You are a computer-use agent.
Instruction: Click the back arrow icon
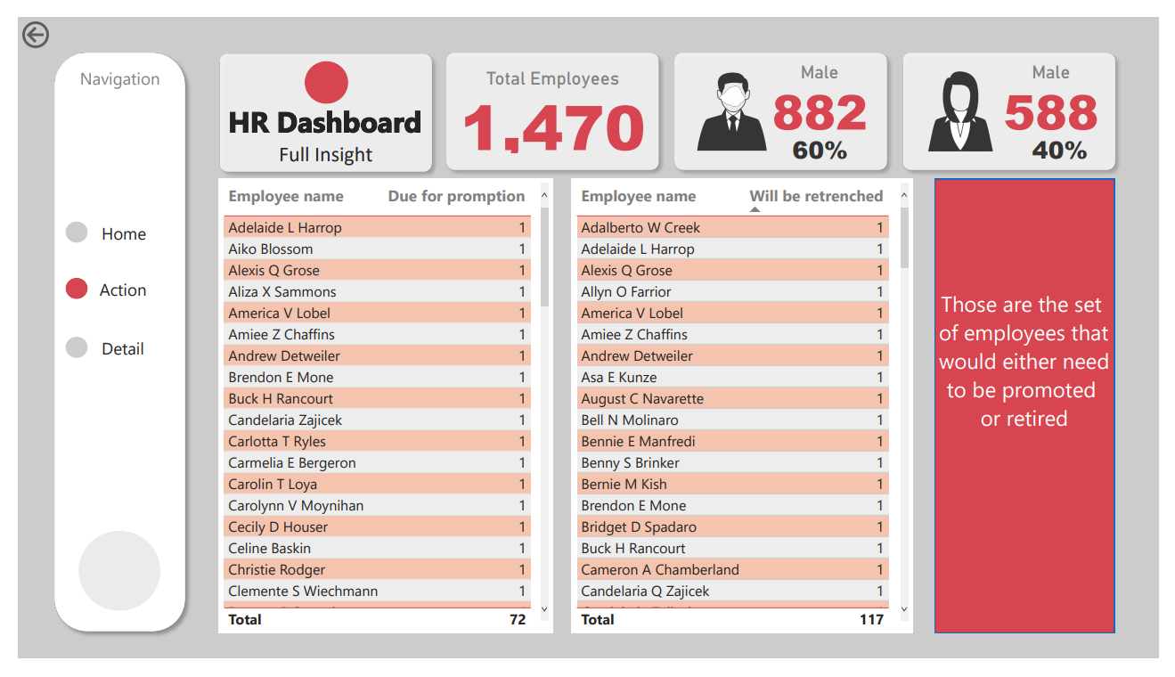click(36, 35)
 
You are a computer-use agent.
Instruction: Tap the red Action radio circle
click(77, 289)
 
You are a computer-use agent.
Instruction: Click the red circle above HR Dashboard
click(326, 83)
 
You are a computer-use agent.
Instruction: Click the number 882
click(820, 113)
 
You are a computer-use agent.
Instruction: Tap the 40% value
click(1059, 151)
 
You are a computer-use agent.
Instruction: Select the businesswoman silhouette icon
click(959, 111)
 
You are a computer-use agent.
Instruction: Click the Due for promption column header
click(456, 197)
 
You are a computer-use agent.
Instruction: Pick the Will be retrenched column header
click(816, 197)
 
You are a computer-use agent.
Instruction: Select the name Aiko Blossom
click(271, 249)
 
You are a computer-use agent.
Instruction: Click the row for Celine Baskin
click(270, 549)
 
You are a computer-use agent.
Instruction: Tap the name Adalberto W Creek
click(641, 228)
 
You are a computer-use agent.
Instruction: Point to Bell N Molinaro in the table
click(630, 420)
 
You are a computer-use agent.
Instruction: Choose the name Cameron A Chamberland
click(660, 570)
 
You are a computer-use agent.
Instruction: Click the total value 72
click(518, 620)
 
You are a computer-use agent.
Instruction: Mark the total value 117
click(871, 620)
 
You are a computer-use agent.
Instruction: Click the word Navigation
click(120, 79)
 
